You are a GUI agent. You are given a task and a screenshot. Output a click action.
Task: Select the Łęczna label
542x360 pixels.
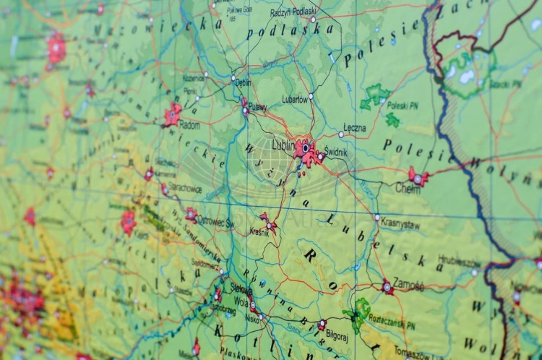pos(354,129)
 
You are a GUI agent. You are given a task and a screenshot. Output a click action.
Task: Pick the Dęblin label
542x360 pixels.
pos(243,82)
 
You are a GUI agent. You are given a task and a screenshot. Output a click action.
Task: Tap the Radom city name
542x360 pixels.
pos(189,124)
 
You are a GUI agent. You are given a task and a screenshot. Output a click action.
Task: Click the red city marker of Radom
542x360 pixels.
pos(172,114)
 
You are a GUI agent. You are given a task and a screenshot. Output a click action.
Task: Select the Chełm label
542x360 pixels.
pos(408,187)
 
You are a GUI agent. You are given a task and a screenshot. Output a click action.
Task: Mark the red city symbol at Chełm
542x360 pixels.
pos(418,177)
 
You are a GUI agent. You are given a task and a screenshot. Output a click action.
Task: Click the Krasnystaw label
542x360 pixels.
pos(400,224)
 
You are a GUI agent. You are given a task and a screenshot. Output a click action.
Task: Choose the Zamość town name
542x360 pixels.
pos(409,286)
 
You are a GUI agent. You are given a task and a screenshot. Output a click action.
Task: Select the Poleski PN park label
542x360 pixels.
pos(402,105)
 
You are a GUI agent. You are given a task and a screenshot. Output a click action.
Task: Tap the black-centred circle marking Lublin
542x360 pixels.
pos(305,148)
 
